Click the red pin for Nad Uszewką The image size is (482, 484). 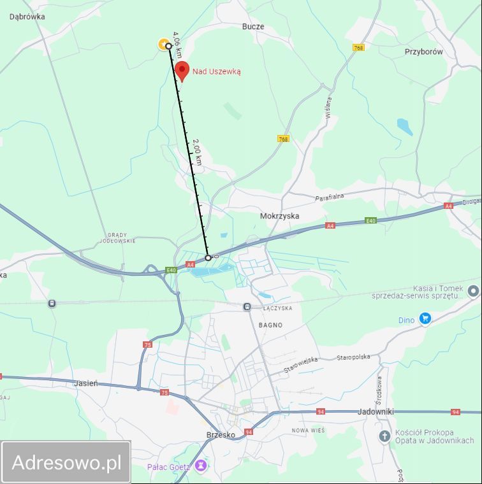coord(182,71)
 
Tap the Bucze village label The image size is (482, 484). coord(252,27)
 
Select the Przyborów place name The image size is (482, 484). coord(423,52)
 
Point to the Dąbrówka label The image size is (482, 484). coord(27,17)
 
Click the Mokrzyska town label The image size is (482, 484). coord(279,216)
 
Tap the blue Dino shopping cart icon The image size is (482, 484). coord(425,319)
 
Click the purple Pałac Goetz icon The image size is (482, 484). coord(201,466)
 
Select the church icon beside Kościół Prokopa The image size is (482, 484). coord(384,436)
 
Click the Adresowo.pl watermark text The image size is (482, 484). coord(66,462)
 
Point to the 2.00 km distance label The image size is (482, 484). coord(198,152)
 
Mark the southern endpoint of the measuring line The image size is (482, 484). coord(208,258)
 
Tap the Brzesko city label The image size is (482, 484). coord(221,435)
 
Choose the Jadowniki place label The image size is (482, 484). coord(376,411)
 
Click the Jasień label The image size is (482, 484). coord(85,383)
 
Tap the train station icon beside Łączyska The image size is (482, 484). coord(247,307)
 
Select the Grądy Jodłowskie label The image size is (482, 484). coord(117,238)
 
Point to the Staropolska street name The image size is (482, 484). coord(353,357)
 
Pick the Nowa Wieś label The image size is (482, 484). coord(308,431)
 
